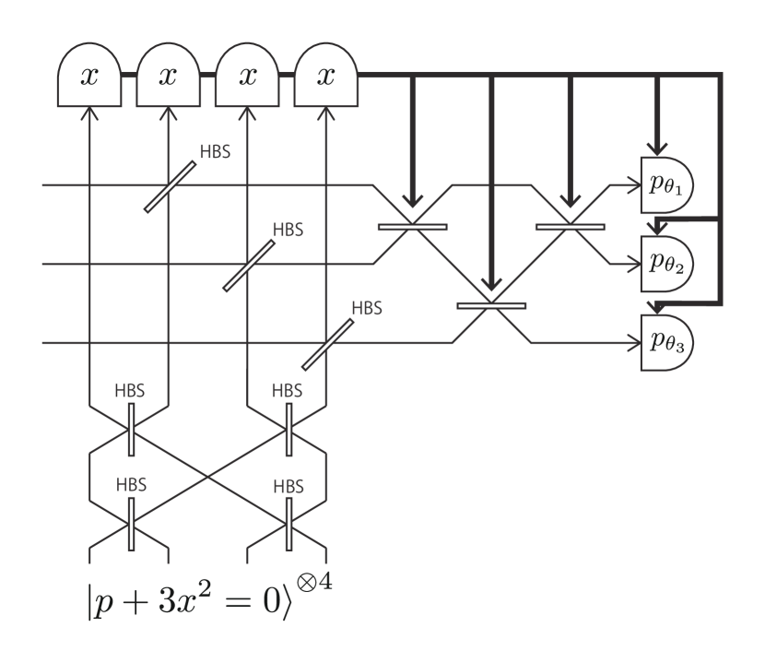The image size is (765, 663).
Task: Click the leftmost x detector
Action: pyautogui.click(x=88, y=77)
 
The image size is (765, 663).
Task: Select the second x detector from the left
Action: pyautogui.click(x=168, y=77)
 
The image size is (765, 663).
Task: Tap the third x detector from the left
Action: pyautogui.click(x=246, y=77)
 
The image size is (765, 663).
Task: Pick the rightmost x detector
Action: pyautogui.click(x=325, y=77)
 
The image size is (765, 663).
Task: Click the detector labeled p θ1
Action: pyautogui.click(x=665, y=185)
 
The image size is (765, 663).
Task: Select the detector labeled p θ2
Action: pyautogui.click(x=665, y=265)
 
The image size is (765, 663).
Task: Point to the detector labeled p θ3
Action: pyautogui.click(x=665, y=343)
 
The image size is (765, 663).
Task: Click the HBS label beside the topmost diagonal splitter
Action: pyautogui.click(x=215, y=150)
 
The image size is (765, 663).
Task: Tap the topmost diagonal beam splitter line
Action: pyautogui.click(x=171, y=187)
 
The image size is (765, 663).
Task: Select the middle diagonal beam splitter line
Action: pyautogui.click(x=249, y=266)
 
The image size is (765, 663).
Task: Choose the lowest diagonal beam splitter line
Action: pyautogui.click(x=327, y=344)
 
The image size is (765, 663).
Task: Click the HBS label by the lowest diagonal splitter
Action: pyautogui.click(x=367, y=307)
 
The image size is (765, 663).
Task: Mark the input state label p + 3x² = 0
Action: pyautogui.click(x=184, y=600)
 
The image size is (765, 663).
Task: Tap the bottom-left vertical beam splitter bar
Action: pyautogui.click(x=131, y=523)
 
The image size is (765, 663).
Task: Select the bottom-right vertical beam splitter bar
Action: pyautogui.click(x=288, y=523)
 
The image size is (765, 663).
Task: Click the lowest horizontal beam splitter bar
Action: pyautogui.click(x=491, y=305)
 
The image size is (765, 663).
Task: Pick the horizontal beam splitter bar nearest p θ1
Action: pyautogui.click(x=571, y=226)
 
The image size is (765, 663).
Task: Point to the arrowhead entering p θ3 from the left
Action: pyautogui.click(x=634, y=343)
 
